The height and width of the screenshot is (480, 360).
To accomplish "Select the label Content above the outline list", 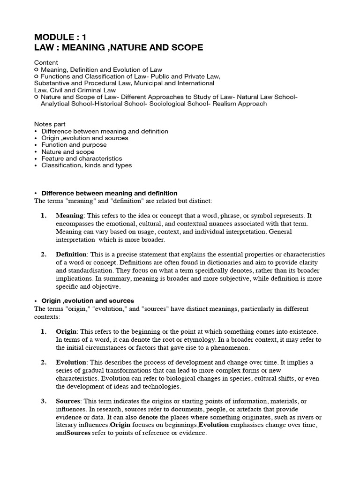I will click(x=46, y=62).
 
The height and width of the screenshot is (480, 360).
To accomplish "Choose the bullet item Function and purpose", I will click(x=74, y=145).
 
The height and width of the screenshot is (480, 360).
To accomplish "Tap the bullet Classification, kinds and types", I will click(x=86, y=165).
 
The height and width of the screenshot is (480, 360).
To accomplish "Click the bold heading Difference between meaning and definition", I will click(x=109, y=193).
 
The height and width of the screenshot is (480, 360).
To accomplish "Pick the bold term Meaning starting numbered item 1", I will click(x=69, y=216).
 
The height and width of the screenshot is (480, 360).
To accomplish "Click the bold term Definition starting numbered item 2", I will click(x=71, y=254).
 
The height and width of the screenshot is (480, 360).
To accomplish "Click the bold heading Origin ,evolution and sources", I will click(x=88, y=300).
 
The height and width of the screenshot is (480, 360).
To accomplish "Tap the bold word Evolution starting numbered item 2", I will click(x=71, y=362).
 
